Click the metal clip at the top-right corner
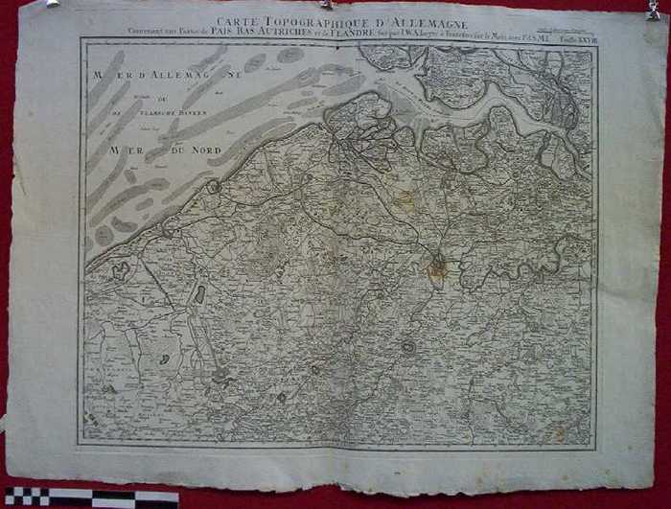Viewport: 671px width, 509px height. [x=656, y=10]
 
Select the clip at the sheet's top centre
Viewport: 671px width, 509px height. [x=329, y=5]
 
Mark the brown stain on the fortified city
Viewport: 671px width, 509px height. [x=437, y=267]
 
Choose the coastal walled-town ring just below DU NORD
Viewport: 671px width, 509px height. [x=214, y=187]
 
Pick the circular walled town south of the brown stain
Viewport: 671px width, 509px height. [x=409, y=347]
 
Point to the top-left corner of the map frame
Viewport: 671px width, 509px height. [x=82, y=39]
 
